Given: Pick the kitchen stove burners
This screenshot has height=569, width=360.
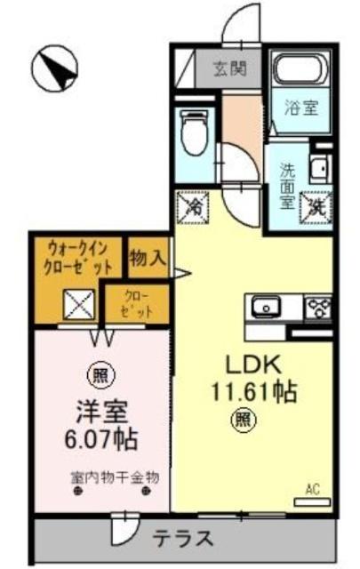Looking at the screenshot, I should (x=317, y=308).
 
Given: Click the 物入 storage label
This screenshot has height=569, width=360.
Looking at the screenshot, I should (x=148, y=258).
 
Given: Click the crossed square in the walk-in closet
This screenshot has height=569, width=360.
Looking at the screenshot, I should (x=78, y=305).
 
